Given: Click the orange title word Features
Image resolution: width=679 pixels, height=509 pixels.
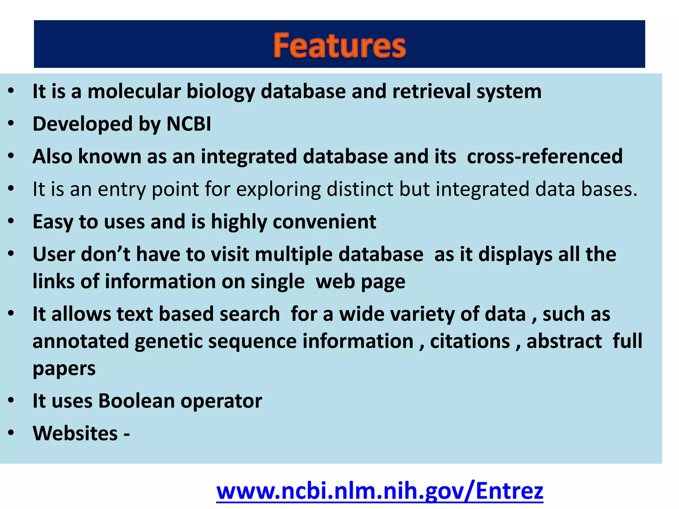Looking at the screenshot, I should pos(339,45).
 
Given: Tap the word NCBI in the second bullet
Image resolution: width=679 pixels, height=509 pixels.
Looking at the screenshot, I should pos(189,124).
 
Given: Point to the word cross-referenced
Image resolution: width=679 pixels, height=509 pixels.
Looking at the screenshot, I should pos(544,156).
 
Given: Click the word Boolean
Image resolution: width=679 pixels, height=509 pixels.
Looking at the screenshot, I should pos(136,401).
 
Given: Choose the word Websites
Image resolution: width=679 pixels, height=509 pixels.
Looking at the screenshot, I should pos(75,433).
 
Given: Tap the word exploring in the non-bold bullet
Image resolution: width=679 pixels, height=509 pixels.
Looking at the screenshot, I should pos(278,190).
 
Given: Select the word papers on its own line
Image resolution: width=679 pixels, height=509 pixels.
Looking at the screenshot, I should pos(64,369).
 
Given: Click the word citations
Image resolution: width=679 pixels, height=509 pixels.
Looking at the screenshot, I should pos(470,341).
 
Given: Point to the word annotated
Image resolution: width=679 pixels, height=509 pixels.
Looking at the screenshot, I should pos(81,341).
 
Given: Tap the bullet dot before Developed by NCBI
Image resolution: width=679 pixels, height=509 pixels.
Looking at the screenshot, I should pos(11,123).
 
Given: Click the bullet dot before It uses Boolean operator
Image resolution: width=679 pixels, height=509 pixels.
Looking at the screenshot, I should pos(11,400).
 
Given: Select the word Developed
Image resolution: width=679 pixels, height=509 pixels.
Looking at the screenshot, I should pos(83,124).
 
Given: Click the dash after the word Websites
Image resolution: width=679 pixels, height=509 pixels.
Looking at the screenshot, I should pos(127,434).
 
